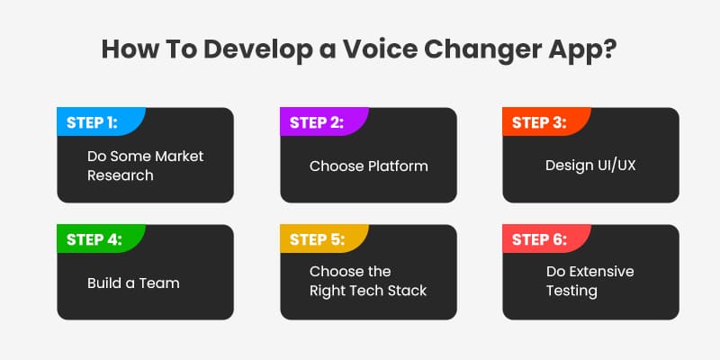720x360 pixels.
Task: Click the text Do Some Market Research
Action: pos(145,166)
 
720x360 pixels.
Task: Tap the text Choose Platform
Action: pos(368,166)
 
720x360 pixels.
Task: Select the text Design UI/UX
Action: pos(589,166)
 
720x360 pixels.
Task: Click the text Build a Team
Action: pos(133,283)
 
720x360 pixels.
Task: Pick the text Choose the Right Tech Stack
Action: pos(368,281)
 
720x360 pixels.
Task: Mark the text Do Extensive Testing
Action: pos(589,281)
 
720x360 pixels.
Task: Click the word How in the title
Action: pos(127,48)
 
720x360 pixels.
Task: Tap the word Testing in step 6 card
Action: pos(571,291)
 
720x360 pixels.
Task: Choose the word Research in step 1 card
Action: pos(120,175)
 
